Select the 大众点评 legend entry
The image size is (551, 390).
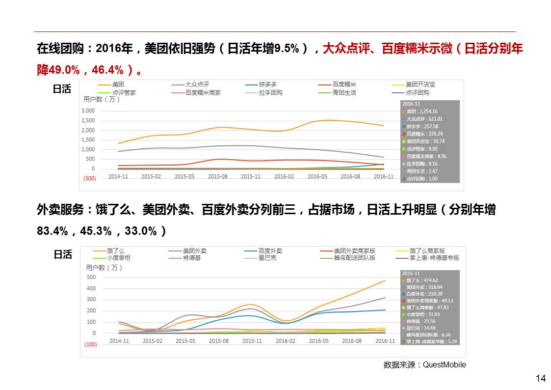(x=197, y=84)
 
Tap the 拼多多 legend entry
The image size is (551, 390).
(x=267, y=84)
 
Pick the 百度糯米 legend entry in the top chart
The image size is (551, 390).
(x=344, y=84)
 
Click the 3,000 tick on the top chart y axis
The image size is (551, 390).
(x=88, y=111)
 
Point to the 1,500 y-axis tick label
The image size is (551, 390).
(x=88, y=140)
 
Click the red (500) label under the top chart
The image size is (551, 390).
(x=90, y=178)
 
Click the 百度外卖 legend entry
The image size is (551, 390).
(x=270, y=251)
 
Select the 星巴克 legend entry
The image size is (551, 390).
(x=267, y=257)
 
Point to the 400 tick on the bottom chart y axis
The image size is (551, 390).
(x=91, y=288)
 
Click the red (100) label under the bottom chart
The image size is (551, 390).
(x=91, y=344)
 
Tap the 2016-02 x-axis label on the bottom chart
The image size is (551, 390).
(x=285, y=341)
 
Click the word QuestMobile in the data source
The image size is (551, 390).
(x=444, y=365)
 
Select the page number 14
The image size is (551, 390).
(x=541, y=378)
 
